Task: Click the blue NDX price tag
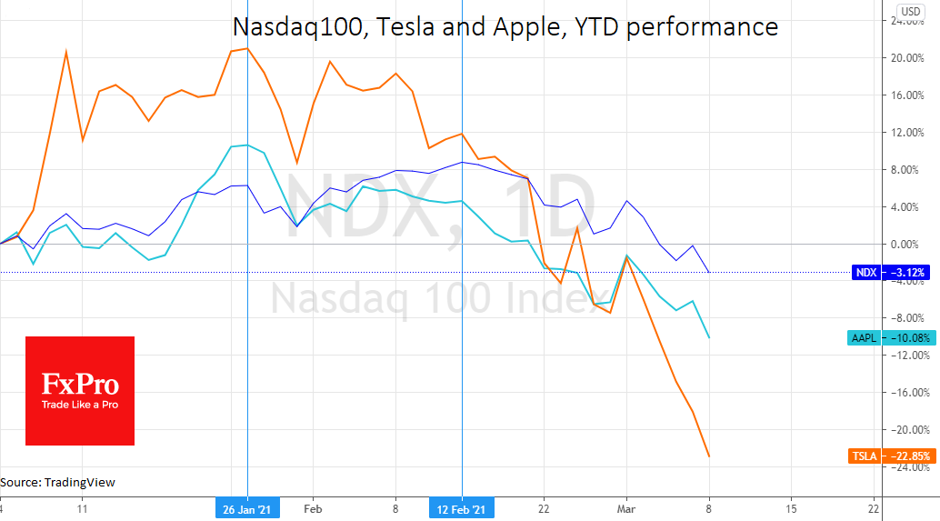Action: [x=865, y=272]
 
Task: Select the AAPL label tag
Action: [x=863, y=338]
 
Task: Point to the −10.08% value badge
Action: [x=906, y=338]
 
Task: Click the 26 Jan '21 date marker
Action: [x=247, y=508]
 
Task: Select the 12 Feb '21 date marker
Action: [x=462, y=508]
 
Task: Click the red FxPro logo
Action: [x=80, y=391]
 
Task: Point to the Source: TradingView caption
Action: [x=58, y=482]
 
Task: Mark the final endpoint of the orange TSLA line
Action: [x=708, y=456]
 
